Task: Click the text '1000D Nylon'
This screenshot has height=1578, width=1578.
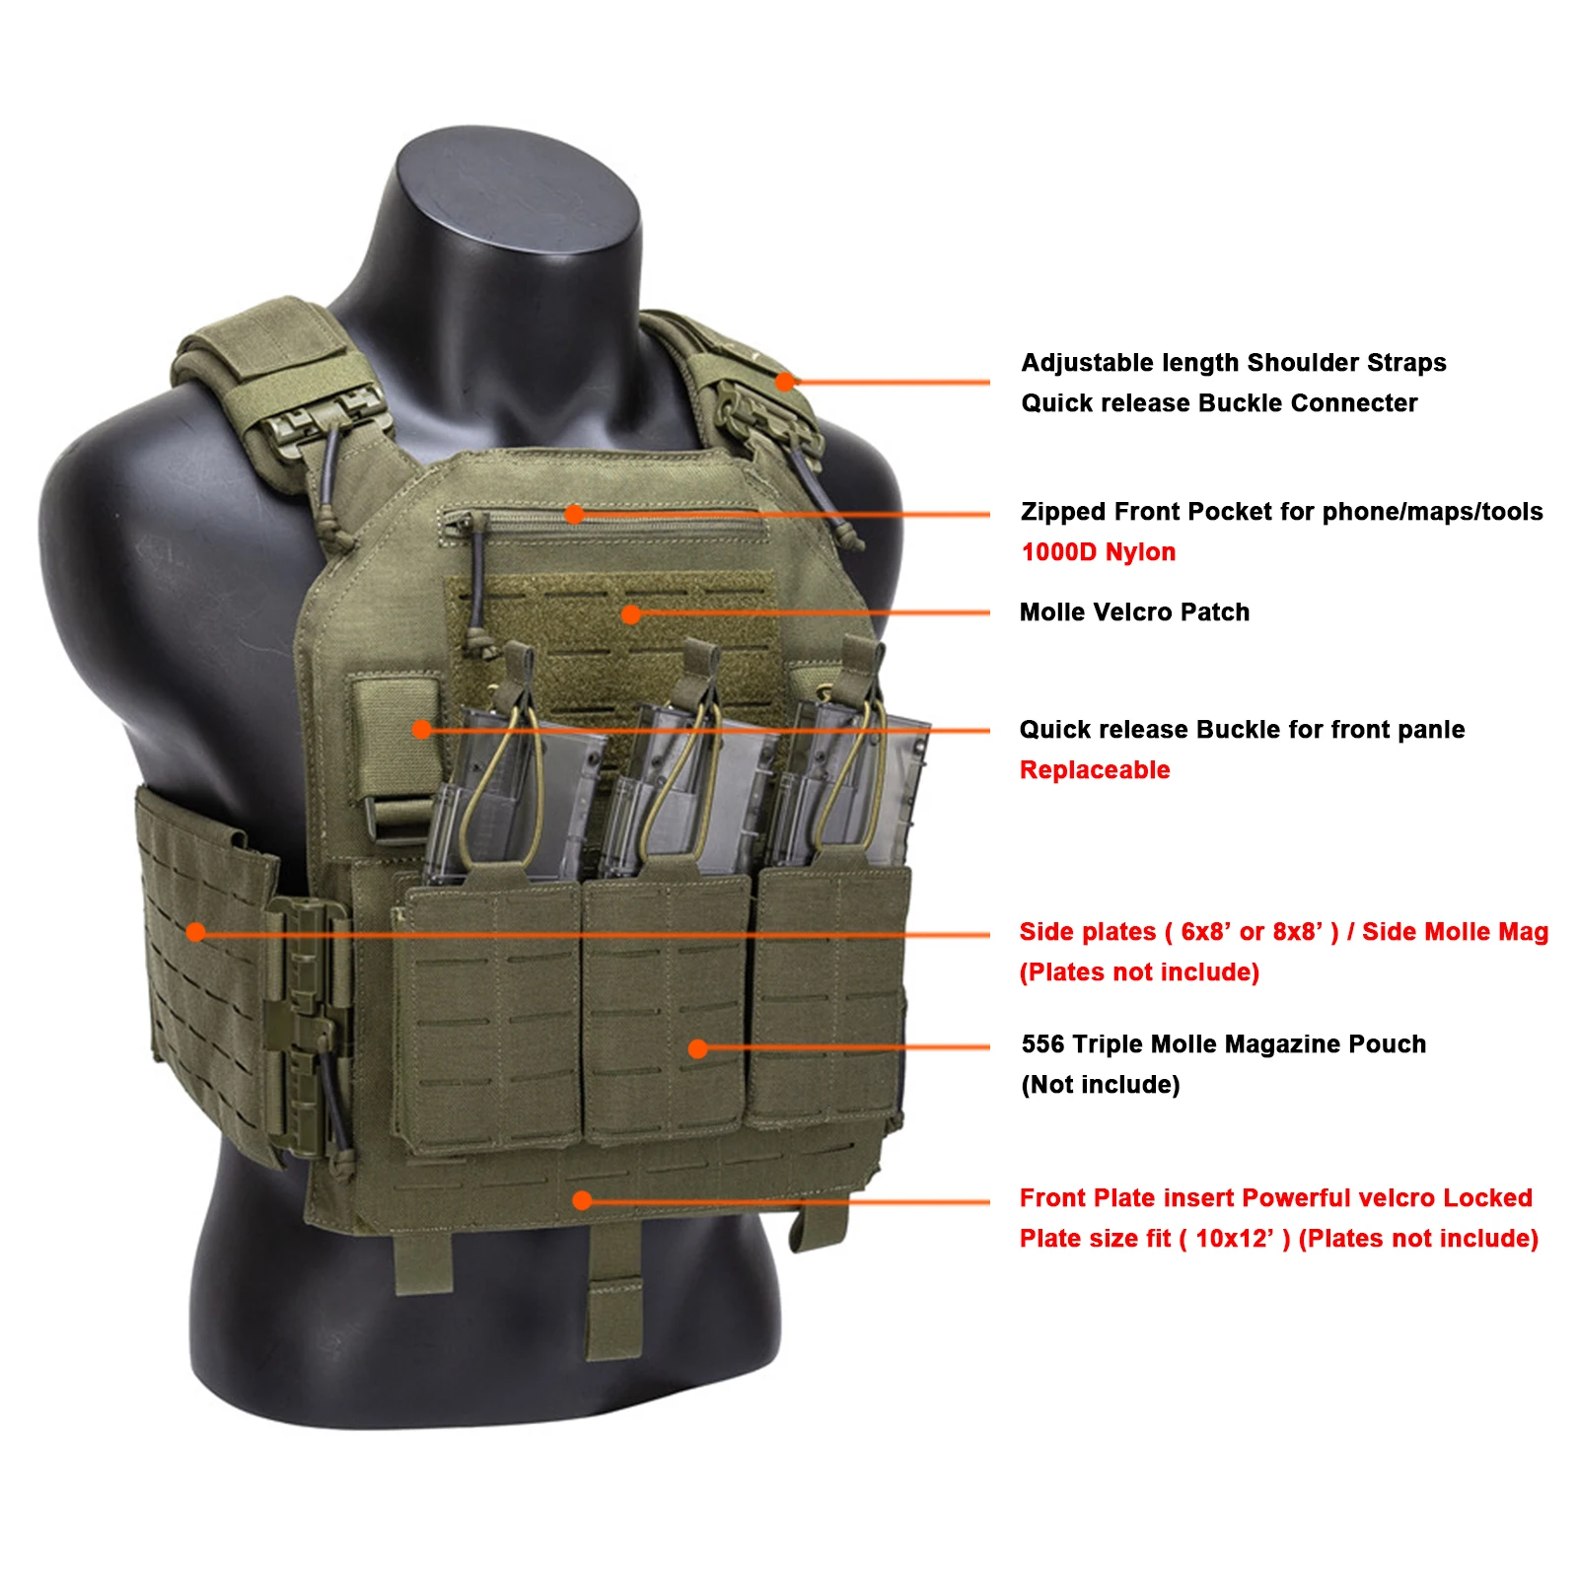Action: coord(1098,552)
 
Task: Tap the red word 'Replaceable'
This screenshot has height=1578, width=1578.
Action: coord(1094,770)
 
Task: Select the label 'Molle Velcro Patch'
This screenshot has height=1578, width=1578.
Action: coord(1134,612)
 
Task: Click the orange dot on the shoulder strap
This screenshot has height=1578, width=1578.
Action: coord(785,381)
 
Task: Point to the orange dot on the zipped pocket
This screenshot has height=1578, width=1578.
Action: coord(574,514)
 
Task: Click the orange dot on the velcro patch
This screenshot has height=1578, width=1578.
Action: coord(631,614)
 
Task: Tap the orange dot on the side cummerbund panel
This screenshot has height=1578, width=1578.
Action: coord(195,932)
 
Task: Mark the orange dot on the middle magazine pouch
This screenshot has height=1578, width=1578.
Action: coord(698,1048)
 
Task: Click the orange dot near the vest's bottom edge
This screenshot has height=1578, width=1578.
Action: coord(582,1200)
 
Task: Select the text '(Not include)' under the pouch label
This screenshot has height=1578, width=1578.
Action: coord(1100,1085)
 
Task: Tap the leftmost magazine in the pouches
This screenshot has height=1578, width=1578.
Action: coord(513,789)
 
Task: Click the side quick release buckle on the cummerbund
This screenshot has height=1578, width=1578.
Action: coord(306,1026)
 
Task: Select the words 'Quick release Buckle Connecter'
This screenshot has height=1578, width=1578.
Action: coord(1218,403)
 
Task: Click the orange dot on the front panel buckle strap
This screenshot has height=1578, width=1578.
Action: coord(421,730)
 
